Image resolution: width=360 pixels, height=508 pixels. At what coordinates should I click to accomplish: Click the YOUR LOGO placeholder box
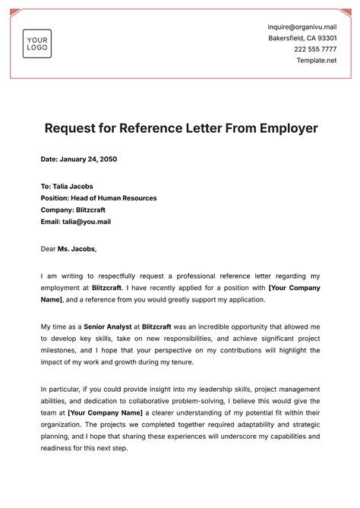point(37,44)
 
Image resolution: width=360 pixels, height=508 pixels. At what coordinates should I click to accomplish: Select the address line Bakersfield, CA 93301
point(302,38)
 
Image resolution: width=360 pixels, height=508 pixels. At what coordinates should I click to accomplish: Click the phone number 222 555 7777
point(315,49)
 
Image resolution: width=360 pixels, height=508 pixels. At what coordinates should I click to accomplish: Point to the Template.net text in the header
point(316,60)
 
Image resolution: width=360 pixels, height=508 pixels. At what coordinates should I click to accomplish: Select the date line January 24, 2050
point(79,159)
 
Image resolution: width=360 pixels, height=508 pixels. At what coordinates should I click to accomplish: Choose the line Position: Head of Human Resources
point(99,198)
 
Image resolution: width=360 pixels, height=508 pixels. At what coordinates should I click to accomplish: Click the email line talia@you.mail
point(76,222)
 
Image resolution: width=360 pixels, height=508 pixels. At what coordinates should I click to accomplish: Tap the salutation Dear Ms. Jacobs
point(69,248)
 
